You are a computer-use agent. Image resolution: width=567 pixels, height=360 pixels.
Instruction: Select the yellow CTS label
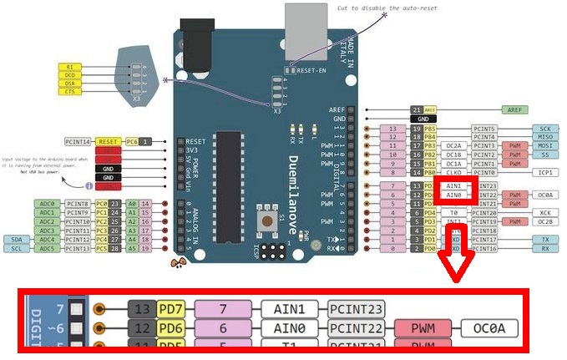click(69, 93)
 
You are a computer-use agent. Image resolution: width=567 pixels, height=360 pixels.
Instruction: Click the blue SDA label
click(17, 239)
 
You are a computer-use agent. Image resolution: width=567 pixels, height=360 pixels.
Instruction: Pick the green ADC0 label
click(47, 203)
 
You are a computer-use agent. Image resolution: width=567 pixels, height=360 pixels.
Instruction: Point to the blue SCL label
click(17, 248)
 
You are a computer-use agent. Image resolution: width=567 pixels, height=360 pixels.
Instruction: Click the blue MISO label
click(544, 138)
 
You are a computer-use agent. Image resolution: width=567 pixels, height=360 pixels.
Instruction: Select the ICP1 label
click(544, 173)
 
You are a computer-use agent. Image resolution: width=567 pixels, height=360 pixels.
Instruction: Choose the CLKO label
click(454, 173)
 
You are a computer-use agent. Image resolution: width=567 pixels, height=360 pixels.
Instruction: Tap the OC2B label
click(544, 221)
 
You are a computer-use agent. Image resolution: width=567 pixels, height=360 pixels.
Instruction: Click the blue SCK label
click(544, 129)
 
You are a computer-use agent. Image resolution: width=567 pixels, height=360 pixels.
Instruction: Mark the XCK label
click(544, 212)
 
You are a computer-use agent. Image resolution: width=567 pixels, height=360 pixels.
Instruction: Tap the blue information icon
click(89, 186)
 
